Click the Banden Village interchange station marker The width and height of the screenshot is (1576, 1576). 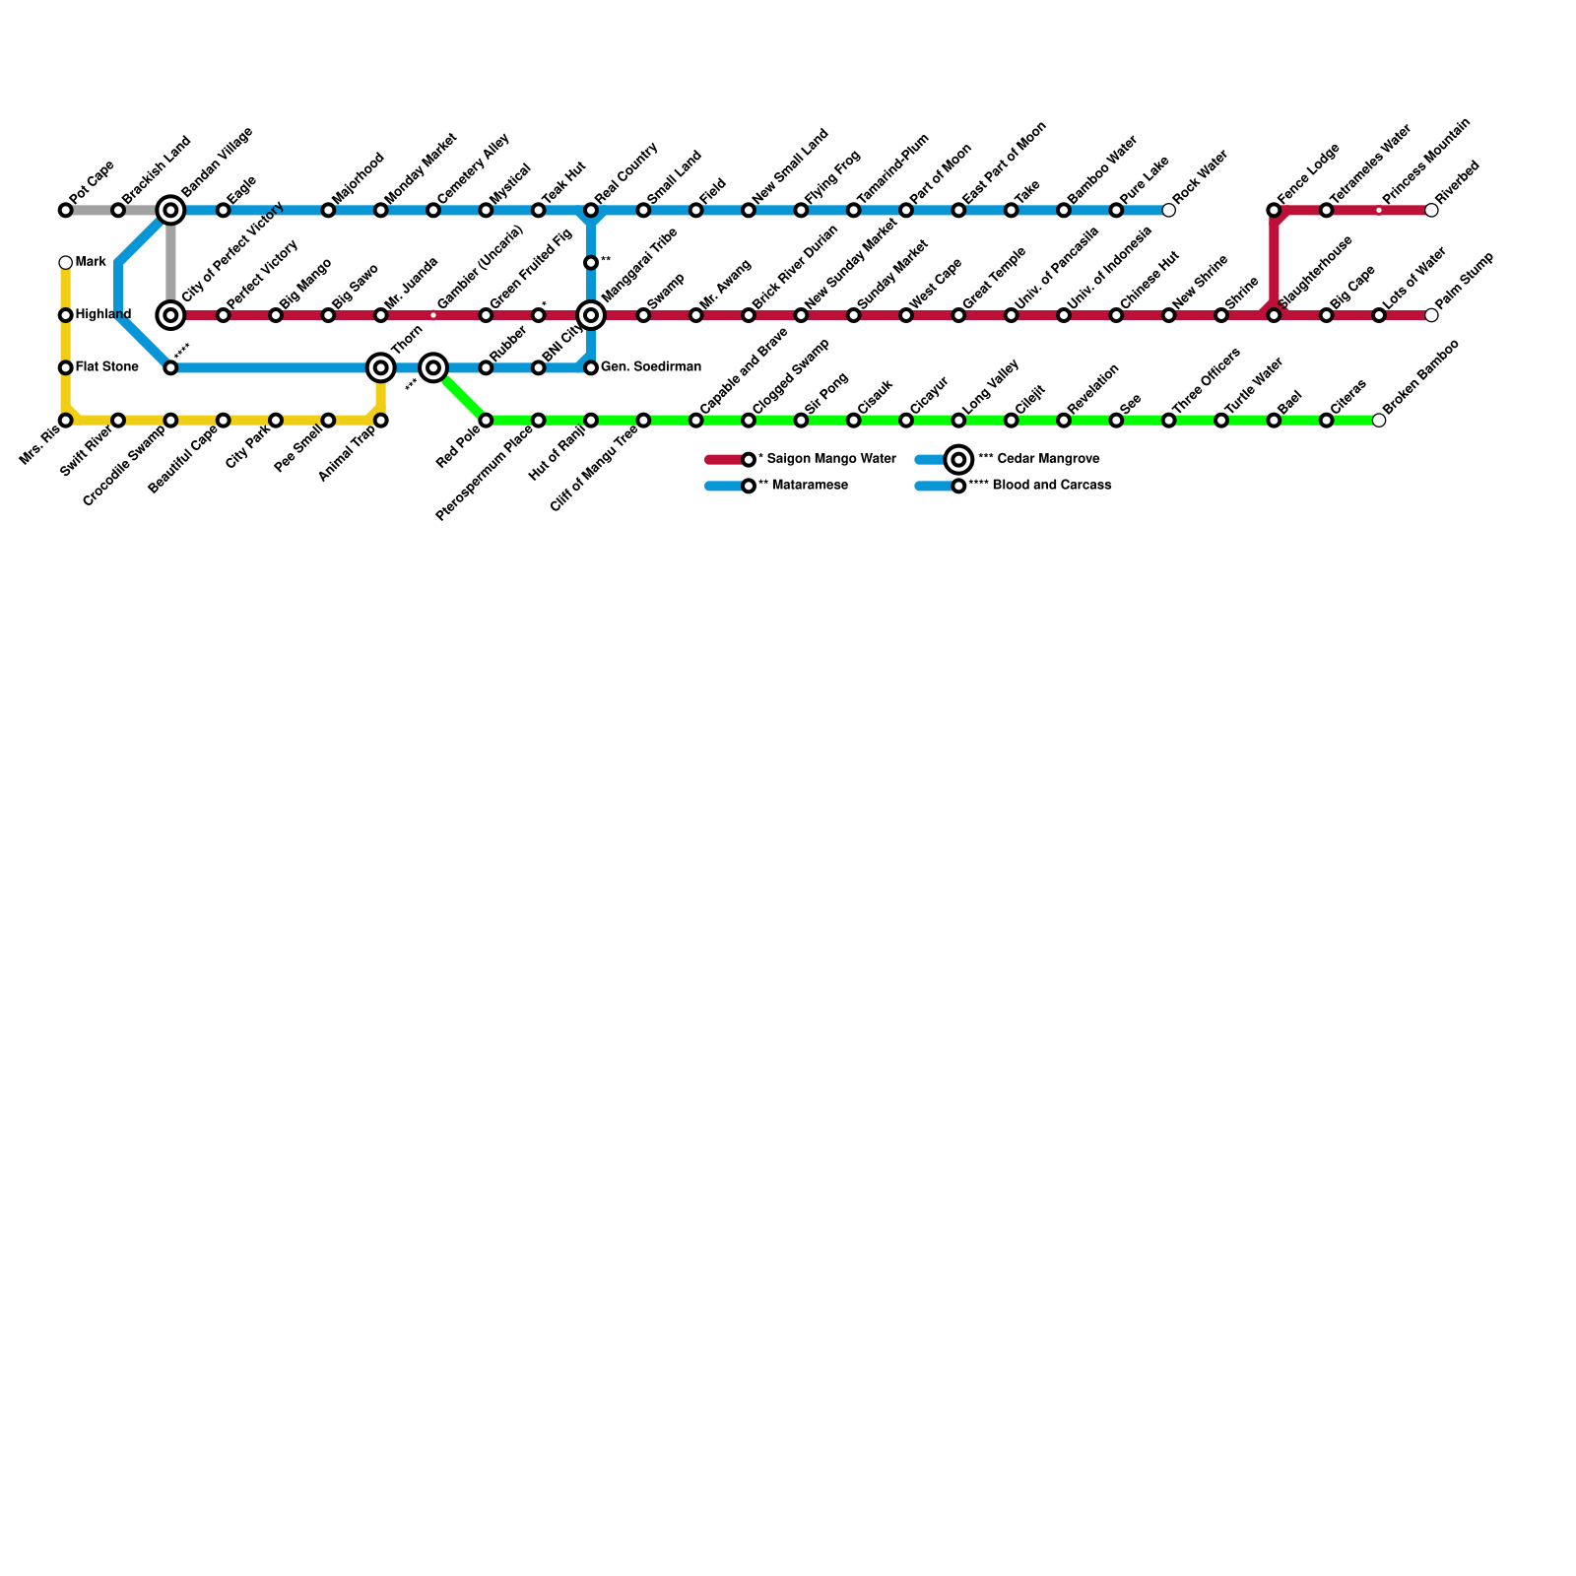tap(170, 210)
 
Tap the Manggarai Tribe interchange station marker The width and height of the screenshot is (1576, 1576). tap(591, 315)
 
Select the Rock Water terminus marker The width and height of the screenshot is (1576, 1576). tap(1168, 210)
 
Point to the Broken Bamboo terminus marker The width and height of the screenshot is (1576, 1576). tap(1379, 421)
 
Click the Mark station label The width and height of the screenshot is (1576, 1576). tap(91, 262)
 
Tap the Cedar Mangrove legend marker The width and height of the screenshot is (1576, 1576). tap(958, 459)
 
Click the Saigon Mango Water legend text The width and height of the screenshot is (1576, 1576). tap(826, 459)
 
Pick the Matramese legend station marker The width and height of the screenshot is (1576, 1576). tap(749, 486)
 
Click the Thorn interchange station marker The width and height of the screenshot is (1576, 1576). tap(380, 367)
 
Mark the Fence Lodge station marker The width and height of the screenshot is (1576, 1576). tap(1274, 210)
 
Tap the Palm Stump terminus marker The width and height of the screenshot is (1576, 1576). tap(1431, 315)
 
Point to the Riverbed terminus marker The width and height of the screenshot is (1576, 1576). tap(1431, 210)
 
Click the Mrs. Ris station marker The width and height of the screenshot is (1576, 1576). tap(65, 421)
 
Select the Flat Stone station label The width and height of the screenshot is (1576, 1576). tap(106, 367)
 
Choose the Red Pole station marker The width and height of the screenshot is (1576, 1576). tap(486, 421)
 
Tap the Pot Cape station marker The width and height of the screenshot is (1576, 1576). tap(65, 210)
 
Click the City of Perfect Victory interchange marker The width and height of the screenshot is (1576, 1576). tap(170, 315)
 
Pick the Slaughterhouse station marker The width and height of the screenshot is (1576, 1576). tap(1274, 315)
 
